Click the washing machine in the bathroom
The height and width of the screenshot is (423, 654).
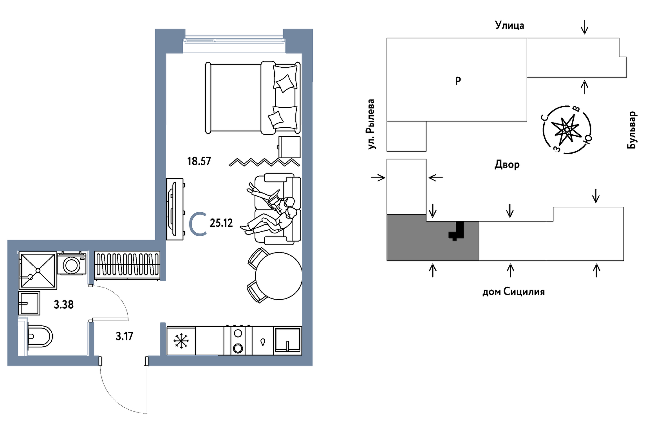pos(72,264)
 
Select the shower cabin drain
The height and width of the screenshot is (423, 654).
pos(38,271)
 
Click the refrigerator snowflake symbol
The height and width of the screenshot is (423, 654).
pos(181,341)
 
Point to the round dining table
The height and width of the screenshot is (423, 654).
pos(278,276)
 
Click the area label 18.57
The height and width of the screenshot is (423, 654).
pos(199,161)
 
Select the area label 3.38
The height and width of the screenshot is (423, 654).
pos(63,304)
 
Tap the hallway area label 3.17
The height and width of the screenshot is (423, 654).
pos(124,336)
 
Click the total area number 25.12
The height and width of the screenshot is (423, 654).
pos(221,223)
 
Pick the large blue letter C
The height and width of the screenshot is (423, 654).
pos(198,224)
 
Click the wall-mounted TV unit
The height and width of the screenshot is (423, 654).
pos(174,209)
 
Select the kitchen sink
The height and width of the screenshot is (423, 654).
pos(287,340)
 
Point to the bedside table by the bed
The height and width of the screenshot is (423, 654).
pos(289,147)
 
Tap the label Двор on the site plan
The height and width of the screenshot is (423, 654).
pos(507,164)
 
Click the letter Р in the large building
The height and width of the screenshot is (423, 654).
pos(458,81)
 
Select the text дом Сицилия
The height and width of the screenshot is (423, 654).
pos(513,292)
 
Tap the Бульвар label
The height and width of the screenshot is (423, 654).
pos(631,130)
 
